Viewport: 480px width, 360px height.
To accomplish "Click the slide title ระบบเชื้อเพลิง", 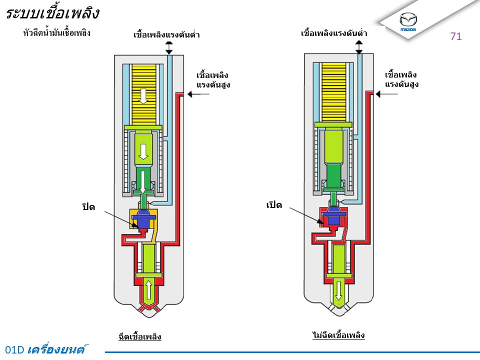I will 52,13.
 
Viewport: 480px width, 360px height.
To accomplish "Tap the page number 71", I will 455,36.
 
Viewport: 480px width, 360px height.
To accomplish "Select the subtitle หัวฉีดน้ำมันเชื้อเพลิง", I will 56,33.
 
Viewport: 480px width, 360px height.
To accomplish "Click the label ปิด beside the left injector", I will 88,206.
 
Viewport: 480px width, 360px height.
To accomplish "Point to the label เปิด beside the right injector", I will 274,205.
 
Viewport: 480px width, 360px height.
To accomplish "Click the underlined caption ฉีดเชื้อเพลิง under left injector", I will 140,336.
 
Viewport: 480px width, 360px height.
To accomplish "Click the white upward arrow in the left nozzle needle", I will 149,290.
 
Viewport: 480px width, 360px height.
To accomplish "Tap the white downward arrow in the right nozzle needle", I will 338,290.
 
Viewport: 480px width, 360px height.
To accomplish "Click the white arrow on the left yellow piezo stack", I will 143,95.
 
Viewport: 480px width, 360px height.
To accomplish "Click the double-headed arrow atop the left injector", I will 169,48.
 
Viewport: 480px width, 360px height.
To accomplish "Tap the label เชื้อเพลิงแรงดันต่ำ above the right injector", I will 334,33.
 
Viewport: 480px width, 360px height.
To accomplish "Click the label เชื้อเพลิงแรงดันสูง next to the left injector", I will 213,80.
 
